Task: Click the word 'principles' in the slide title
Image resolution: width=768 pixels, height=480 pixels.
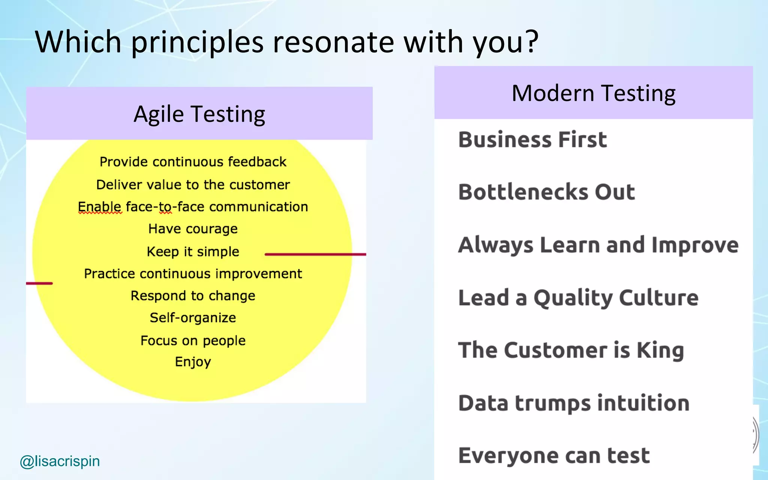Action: click(x=197, y=42)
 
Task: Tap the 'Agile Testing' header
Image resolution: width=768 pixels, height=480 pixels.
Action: click(x=199, y=114)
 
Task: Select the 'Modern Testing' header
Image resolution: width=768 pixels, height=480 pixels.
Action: click(x=593, y=93)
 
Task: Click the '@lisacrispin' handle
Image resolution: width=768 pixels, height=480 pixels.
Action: click(x=60, y=461)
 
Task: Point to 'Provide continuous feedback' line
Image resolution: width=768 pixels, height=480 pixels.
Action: click(x=193, y=162)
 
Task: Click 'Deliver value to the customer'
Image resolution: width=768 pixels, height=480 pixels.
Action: click(x=193, y=185)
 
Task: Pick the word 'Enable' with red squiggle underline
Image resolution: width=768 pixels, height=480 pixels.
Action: click(x=99, y=207)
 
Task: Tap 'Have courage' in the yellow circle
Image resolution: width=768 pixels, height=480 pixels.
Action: click(x=193, y=229)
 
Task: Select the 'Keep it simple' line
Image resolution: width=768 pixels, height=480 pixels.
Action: click(x=193, y=252)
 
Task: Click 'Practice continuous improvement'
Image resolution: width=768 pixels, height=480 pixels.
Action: click(x=193, y=274)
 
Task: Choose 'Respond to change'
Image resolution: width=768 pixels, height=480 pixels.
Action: click(x=193, y=296)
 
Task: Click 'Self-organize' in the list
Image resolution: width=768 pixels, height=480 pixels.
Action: click(x=193, y=318)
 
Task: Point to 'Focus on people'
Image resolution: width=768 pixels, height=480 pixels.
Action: click(x=193, y=340)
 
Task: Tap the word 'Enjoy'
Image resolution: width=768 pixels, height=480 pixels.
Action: click(x=193, y=362)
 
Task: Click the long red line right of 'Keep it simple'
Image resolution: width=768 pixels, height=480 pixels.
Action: click(x=315, y=254)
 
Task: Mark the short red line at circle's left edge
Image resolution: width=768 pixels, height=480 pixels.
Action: click(x=39, y=283)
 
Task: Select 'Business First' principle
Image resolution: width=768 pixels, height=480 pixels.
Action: click(x=532, y=139)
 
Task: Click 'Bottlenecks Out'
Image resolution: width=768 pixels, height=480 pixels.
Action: click(x=546, y=192)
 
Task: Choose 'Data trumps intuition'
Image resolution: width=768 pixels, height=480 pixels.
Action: click(x=574, y=403)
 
